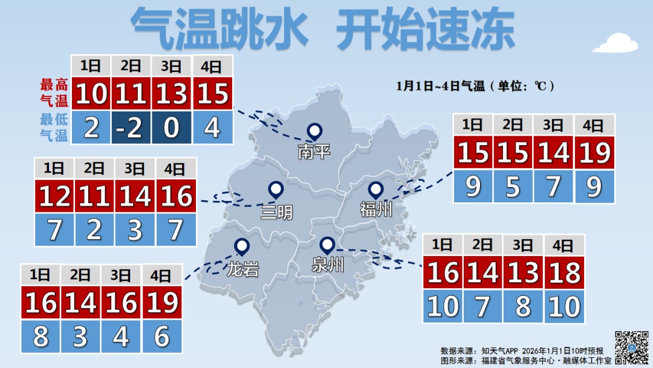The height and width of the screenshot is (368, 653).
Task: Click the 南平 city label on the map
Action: (314, 151)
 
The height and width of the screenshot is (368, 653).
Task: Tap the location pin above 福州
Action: (375, 190)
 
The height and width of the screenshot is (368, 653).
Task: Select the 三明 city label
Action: (276, 212)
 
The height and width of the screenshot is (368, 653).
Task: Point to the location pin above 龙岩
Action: (242, 246)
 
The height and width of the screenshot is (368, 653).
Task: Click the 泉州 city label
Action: (328, 264)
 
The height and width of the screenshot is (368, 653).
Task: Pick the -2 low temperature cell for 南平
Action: (131, 128)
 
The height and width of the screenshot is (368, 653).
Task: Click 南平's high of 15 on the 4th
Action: (212, 94)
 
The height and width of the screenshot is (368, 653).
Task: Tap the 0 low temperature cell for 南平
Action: (172, 128)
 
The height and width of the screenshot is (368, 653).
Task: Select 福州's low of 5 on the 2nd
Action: (513, 187)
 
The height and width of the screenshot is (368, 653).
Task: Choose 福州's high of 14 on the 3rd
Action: (554, 153)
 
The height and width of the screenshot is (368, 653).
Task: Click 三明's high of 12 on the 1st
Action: (54, 196)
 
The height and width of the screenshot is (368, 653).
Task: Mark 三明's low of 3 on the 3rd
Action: (135, 230)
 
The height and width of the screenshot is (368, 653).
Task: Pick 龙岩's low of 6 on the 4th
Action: (161, 337)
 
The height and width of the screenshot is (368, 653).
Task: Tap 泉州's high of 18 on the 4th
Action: (565, 272)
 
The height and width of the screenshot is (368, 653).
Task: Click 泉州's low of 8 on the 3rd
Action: (523, 307)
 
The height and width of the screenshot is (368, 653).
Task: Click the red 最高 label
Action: (54, 84)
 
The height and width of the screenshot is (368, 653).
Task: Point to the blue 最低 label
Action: (54, 119)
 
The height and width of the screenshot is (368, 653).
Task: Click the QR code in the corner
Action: (632, 347)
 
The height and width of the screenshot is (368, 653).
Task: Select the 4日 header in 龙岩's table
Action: (161, 276)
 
